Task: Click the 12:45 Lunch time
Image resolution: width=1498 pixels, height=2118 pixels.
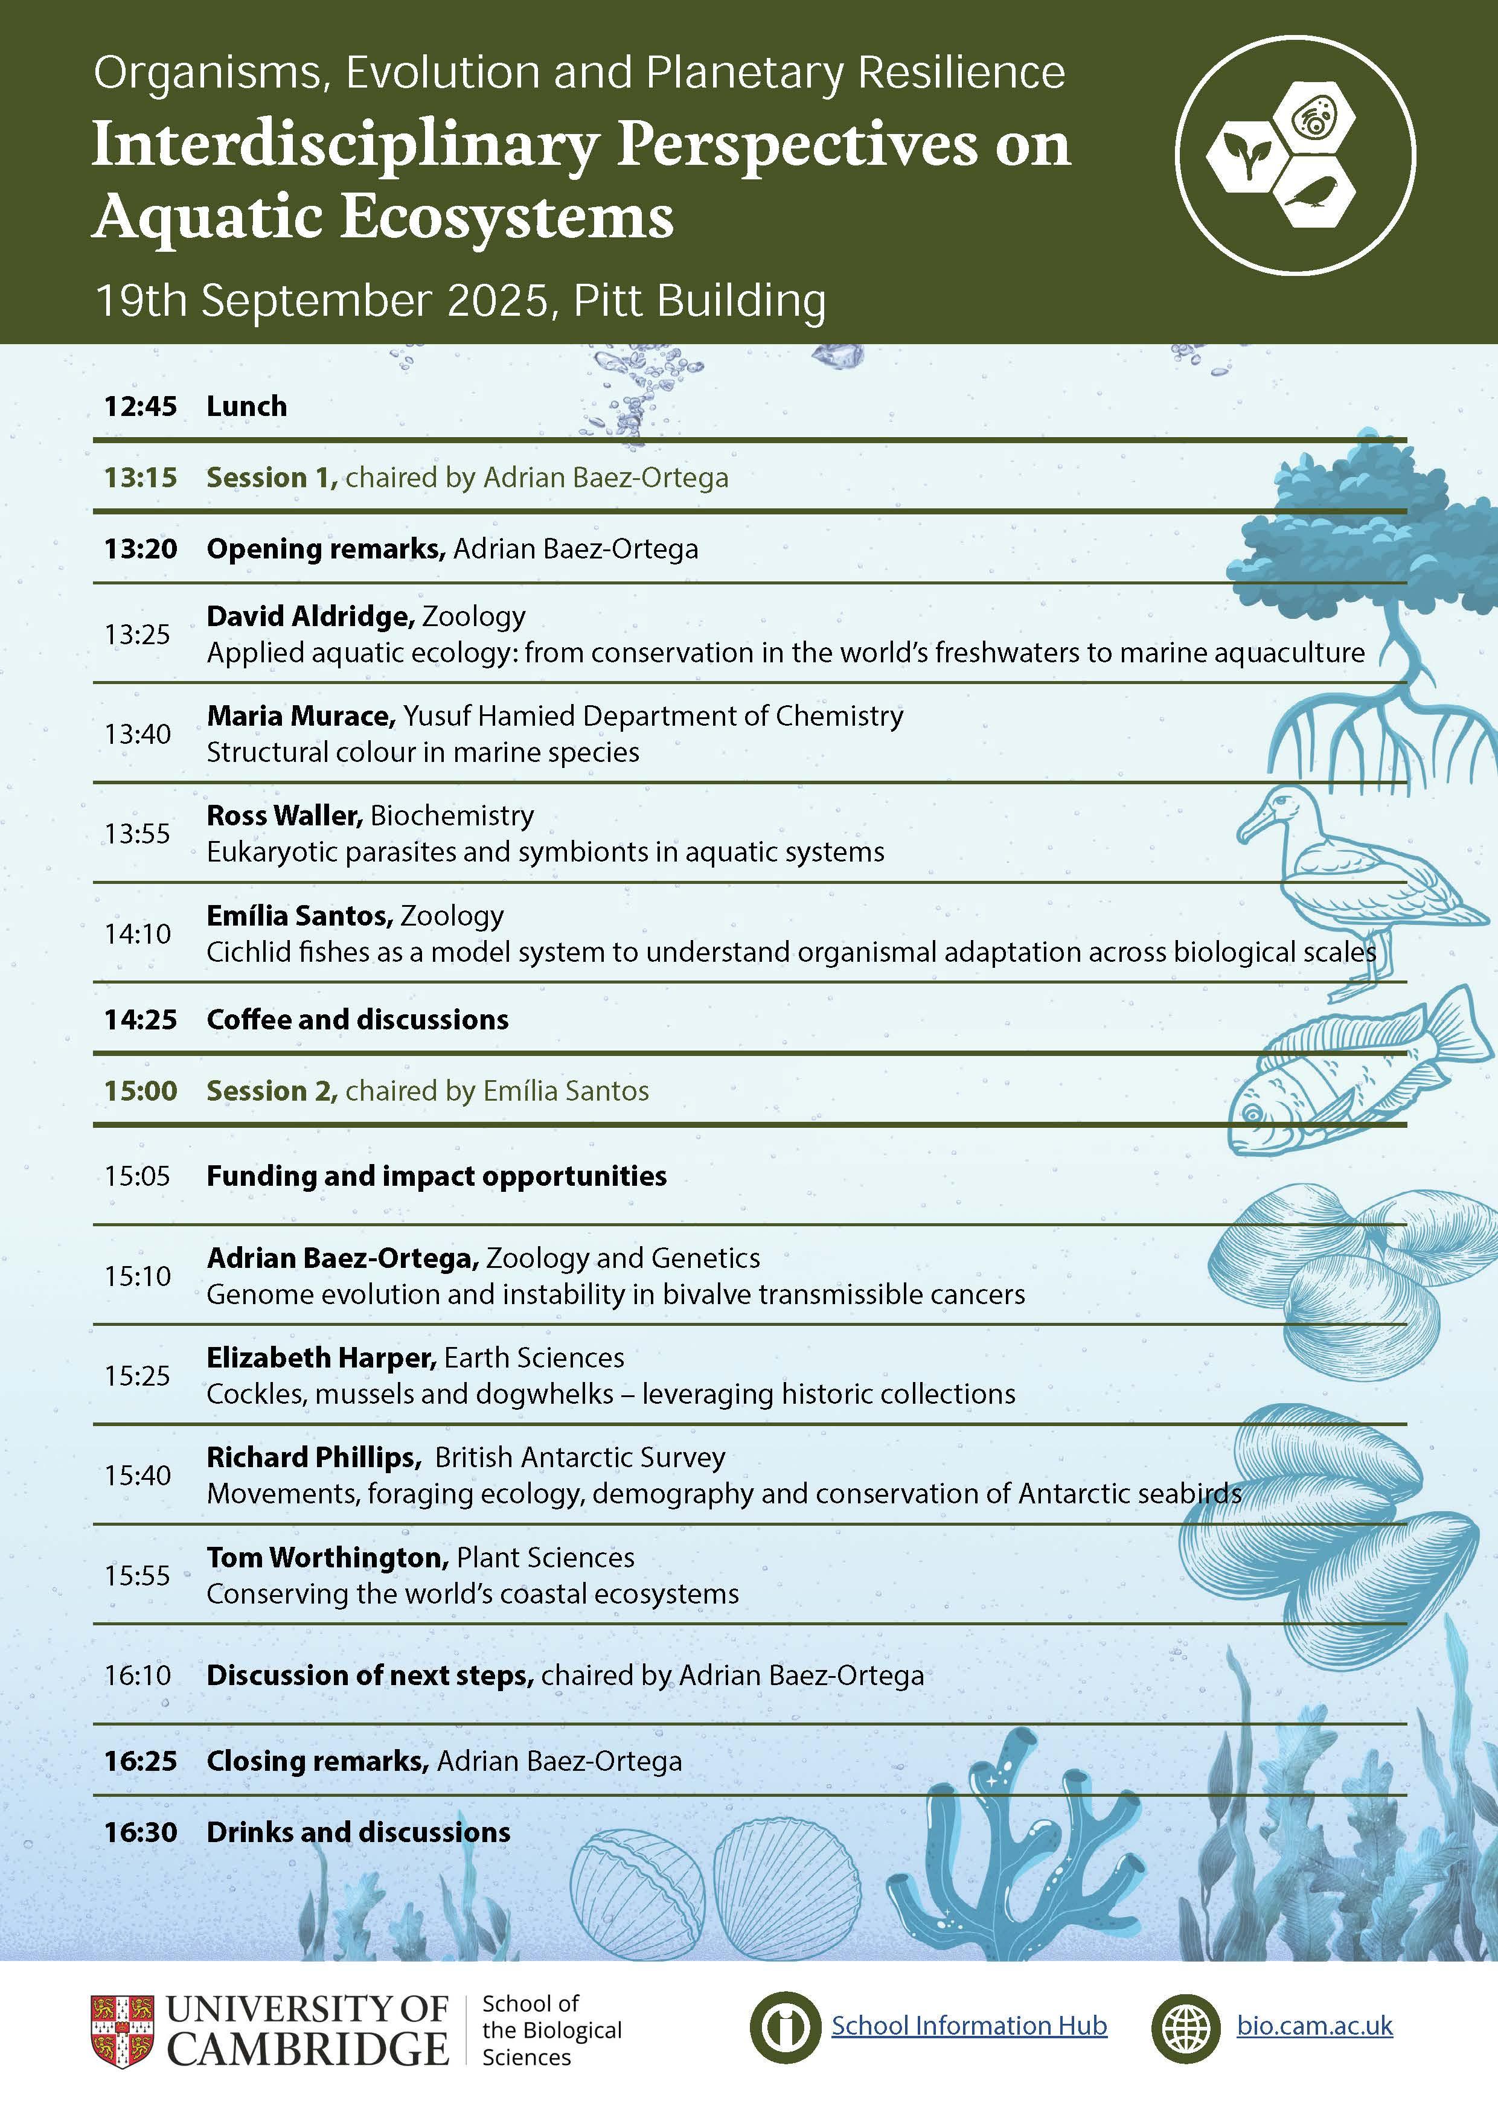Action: pyautogui.click(x=140, y=406)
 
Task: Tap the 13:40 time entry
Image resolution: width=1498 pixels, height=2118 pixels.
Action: pyautogui.click(x=138, y=734)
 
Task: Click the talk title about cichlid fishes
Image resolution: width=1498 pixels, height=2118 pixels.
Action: pyautogui.click(x=790, y=952)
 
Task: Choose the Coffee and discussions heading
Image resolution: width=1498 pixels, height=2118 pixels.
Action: pyautogui.click(x=357, y=1019)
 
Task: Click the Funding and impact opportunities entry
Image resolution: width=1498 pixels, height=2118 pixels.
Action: pyautogui.click(x=437, y=1176)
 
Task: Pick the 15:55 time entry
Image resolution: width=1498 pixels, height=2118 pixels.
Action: pyautogui.click(x=138, y=1576)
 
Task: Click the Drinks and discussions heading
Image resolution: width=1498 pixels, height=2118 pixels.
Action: pyautogui.click(x=358, y=1832)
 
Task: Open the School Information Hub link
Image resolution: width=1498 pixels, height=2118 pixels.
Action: pyautogui.click(x=968, y=2026)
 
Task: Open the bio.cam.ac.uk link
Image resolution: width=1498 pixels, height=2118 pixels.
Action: pyautogui.click(x=1314, y=2026)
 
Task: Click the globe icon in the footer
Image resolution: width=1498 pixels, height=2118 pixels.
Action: pyautogui.click(x=1187, y=2027)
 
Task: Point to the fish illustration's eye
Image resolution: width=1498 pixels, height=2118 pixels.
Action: pyautogui.click(x=1252, y=1115)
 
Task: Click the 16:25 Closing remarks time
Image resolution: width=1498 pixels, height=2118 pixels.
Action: pyautogui.click(x=140, y=1761)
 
